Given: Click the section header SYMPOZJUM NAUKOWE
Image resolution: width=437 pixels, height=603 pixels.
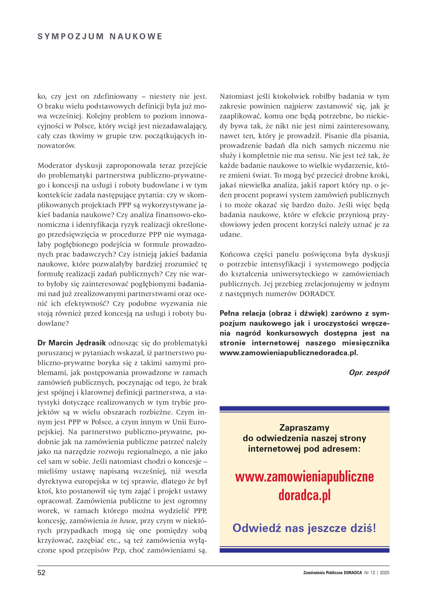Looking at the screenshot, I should (x=100, y=36).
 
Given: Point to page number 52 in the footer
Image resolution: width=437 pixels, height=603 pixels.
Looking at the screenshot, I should (x=42, y=572).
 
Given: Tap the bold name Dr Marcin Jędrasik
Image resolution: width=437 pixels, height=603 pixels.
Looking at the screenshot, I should (x=72, y=343).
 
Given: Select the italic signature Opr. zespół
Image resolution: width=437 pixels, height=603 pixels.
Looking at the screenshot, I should (x=369, y=372).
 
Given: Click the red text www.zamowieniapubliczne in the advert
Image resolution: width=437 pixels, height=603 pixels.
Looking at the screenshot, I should (x=304, y=477).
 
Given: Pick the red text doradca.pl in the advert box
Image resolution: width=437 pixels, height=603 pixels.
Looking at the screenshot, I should (x=304, y=495).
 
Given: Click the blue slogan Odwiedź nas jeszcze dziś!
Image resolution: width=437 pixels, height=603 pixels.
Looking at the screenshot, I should (x=304, y=528).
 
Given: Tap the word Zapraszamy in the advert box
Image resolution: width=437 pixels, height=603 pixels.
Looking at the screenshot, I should (x=304, y=427).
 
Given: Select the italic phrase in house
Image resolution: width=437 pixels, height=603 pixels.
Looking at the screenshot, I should (x=123, y=521).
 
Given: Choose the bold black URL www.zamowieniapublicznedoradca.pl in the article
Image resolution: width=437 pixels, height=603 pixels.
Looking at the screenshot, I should (x=288, y=353).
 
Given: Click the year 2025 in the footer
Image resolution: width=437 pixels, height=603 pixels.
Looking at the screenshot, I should (x=385, y=573).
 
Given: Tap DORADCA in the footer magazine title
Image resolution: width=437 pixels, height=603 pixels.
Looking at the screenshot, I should (x=353, y=573).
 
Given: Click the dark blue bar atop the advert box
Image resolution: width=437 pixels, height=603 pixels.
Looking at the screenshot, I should (x=304, y=409).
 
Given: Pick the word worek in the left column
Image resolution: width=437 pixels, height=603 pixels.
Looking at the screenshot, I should (x=48, y=511).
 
